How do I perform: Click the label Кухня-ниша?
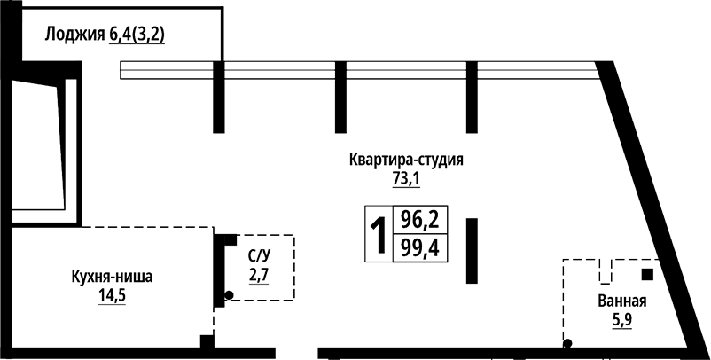(112, 277)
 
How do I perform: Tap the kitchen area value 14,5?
(113, 295)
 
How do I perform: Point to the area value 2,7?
(258, 276)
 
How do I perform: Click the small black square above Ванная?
(648, 273)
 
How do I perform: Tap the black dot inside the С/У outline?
(229, 294)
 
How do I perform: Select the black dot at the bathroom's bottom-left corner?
(566, 343)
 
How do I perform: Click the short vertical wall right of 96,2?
(472, 251)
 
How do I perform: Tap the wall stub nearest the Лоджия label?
(218, 98)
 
